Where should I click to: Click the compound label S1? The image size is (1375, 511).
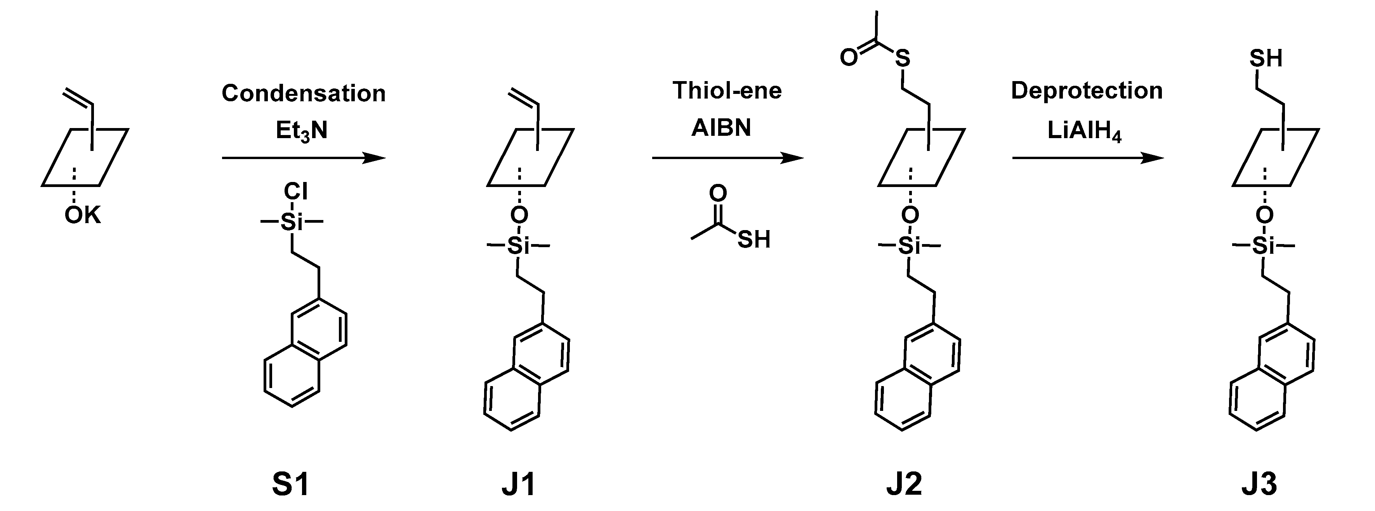click(291, 484)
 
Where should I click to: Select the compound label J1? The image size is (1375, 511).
click(519, 484)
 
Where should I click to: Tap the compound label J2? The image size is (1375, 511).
click(904, 484)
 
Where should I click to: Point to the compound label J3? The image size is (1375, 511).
click(1260, 484)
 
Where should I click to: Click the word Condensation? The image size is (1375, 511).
click(303, 94)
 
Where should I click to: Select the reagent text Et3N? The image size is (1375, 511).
click(302, 130)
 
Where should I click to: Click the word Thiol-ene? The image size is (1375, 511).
click(727, 91)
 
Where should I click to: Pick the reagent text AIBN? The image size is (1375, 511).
click(721, 128)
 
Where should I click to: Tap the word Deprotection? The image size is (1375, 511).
click(1087, 91)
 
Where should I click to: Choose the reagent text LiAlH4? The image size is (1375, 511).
click(1084, 131)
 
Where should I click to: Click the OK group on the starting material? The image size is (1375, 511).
click(82, 215)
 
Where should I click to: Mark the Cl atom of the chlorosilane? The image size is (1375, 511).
click(296, 191)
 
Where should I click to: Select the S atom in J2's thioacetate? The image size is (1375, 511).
click(902, 58)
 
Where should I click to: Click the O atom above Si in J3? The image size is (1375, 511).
click(1264, 215)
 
